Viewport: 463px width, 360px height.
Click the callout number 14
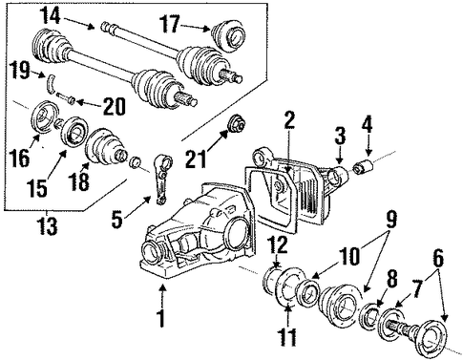51,16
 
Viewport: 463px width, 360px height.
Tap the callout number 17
171,24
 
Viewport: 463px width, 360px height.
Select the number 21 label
197,158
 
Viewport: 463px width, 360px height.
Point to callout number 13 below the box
48,225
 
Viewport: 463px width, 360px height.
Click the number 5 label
117,219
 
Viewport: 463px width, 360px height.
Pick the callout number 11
287,337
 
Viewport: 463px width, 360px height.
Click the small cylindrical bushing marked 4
364,167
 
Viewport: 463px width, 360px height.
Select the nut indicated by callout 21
237,124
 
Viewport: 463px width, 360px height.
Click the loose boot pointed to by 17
230,35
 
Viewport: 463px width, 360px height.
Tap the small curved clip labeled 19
51,83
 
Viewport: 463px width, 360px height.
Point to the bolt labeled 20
66,97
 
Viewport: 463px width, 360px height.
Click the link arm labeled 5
162,179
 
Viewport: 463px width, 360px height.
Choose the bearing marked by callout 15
74,132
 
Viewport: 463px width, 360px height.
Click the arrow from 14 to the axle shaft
78,24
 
